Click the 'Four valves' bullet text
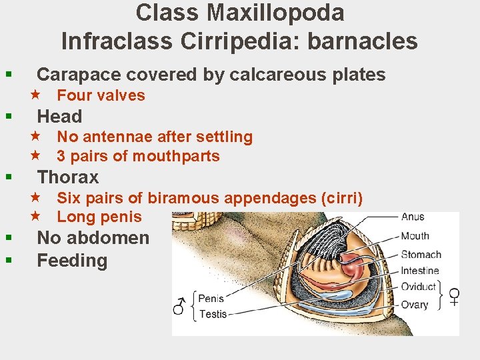(101, 95)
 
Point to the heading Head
(59, 117)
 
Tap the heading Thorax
(68, 177)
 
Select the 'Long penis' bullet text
(99, 217)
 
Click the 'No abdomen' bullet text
(93, 238)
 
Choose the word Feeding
(72, 261)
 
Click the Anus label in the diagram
(412, 217)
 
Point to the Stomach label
(421, 254)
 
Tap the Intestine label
(419, 271)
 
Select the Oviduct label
(418, 287)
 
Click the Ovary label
(414, 305)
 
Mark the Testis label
(213, 314)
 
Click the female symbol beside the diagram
(454, 296)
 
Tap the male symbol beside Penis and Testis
(179, 306)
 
